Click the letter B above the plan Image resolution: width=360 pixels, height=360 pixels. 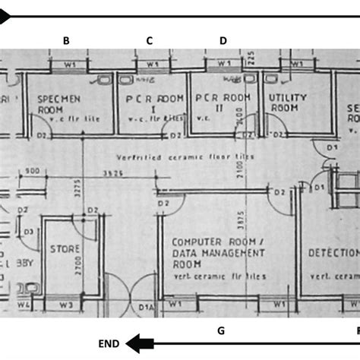point(67,40)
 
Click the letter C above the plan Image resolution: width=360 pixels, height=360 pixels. point(150,40)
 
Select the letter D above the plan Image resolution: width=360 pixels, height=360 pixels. point(223,40)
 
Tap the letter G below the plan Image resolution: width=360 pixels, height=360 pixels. point(221,330)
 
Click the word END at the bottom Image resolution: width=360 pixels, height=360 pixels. point(109,343)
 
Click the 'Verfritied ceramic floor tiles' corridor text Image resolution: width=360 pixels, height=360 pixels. point(185,156)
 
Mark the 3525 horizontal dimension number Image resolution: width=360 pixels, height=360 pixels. point(112,173)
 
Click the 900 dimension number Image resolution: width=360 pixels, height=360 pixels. point(31,171)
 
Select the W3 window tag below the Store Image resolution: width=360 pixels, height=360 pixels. point(65,306)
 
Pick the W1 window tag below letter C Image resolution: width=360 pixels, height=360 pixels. point(152,65)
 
